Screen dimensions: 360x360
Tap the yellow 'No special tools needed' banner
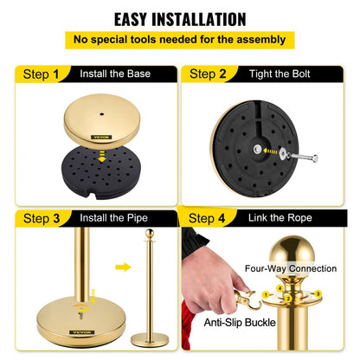(x=179, y=39)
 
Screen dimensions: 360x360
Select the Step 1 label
(x=37, y=74)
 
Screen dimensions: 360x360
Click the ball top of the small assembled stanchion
(x=150, y=234)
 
